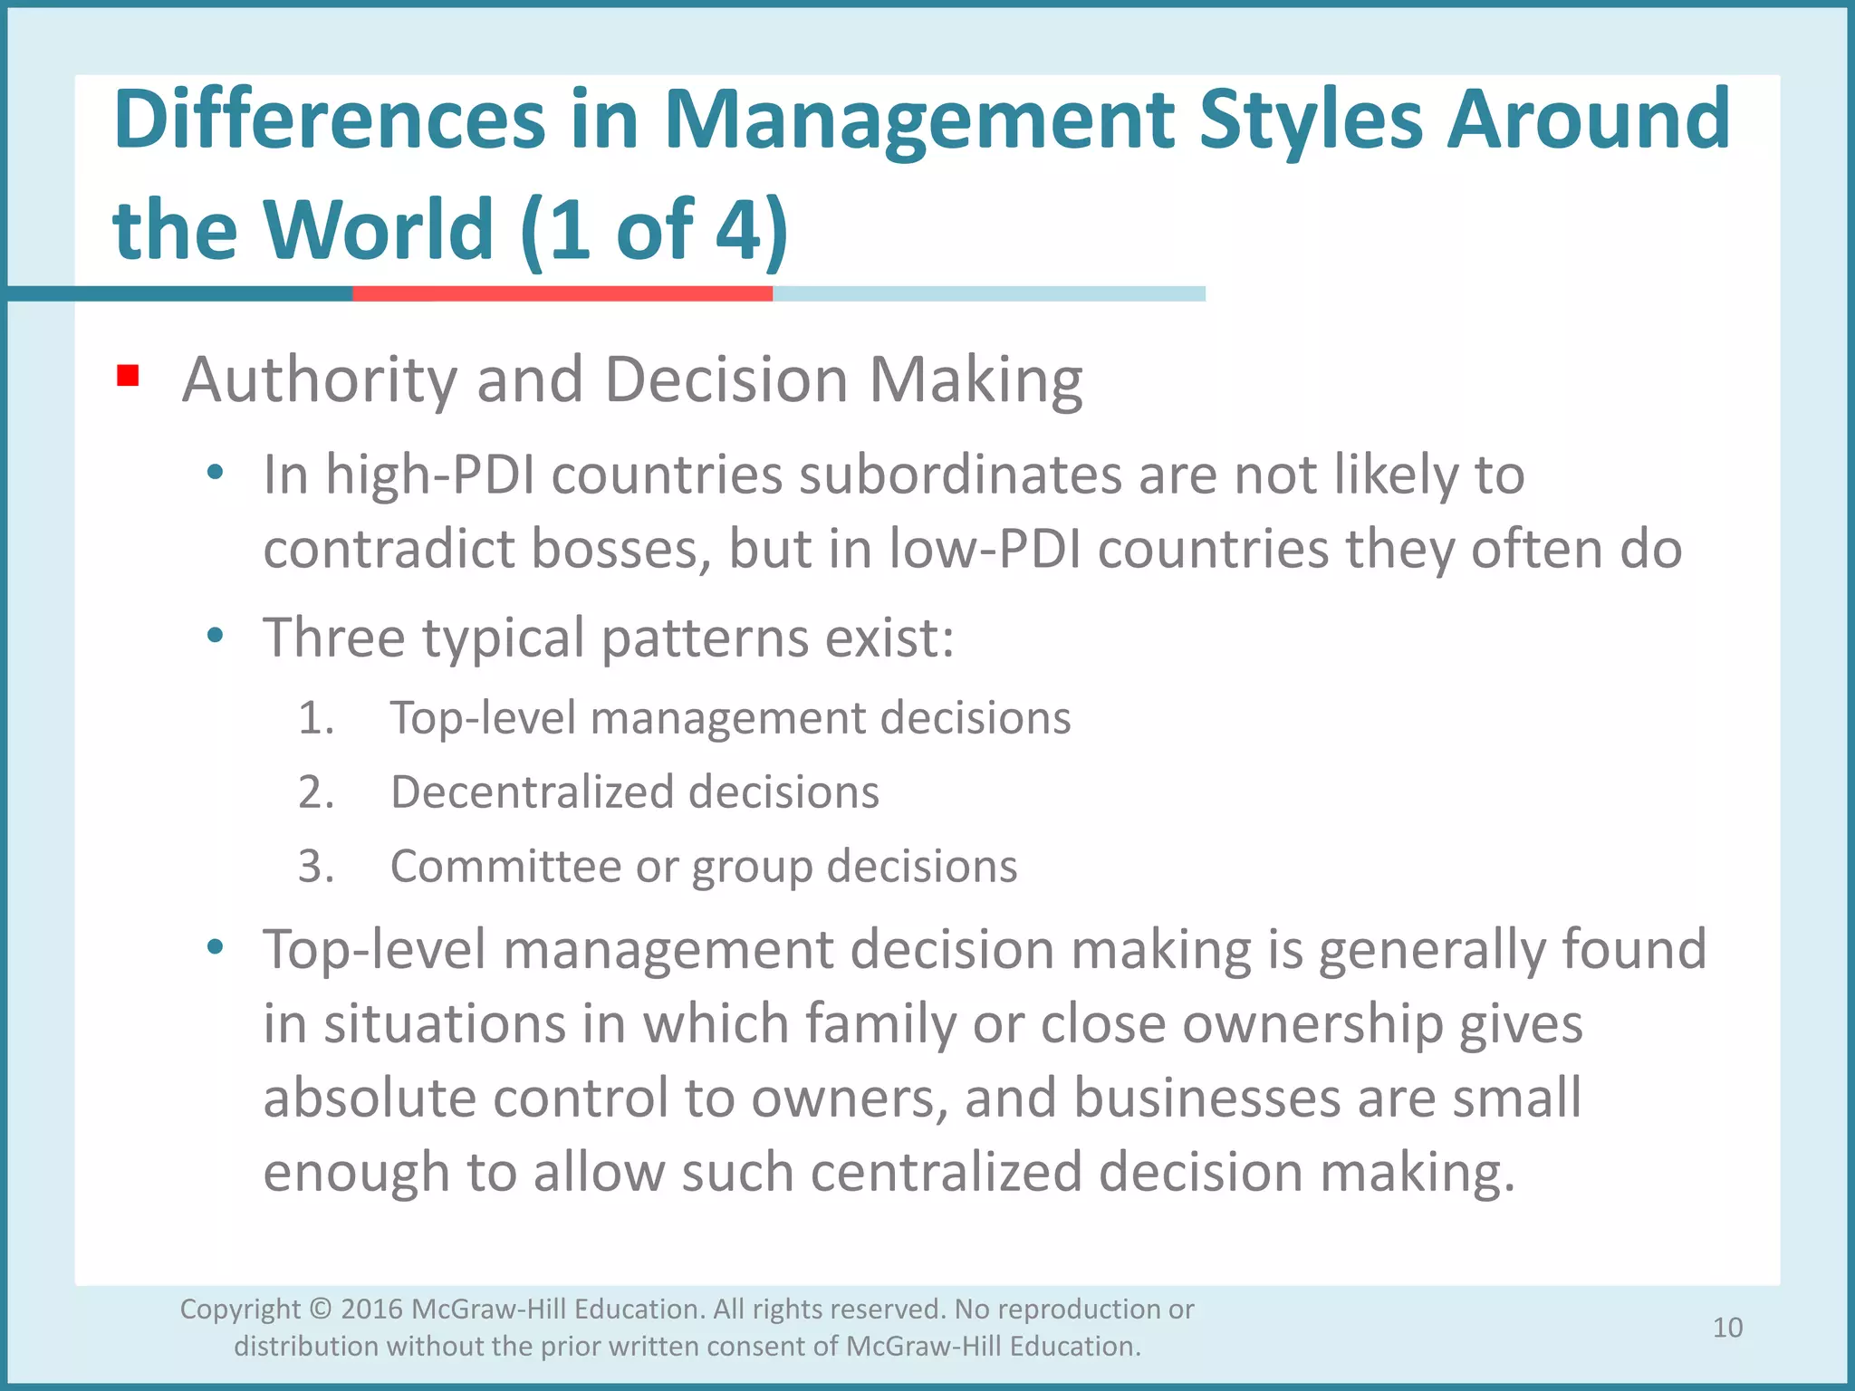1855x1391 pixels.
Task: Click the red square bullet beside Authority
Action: point(128,375)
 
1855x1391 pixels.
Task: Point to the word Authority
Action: point(319,379)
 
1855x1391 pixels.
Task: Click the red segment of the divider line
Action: point(562,293)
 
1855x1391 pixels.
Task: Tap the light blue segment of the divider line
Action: point(988,293)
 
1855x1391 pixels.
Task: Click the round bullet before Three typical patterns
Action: point(215,635)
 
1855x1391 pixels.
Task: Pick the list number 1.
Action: point(315,718)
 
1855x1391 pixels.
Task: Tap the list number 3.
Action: point(315,867)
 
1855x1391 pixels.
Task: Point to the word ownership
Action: point(1312,1024)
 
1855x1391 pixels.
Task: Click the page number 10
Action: point(1727,1328)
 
